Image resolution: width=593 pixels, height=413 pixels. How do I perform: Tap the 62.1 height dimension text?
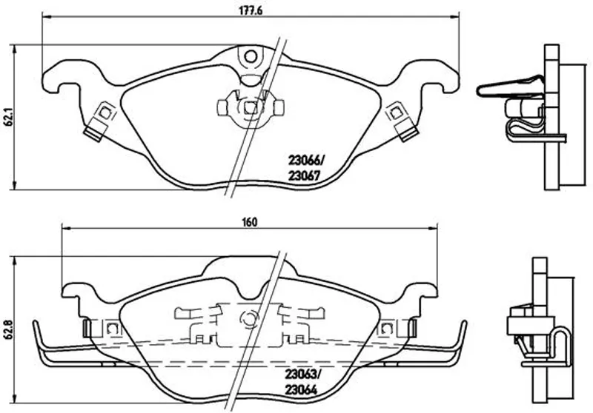[x=8, y=117]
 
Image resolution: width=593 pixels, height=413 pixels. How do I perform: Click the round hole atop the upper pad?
[x=251, y=56]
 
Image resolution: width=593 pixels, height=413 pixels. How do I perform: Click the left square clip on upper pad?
[x=105, y=113]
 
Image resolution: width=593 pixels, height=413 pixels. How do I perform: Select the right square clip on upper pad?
[x=397, y=113]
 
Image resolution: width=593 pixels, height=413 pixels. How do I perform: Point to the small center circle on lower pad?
[x=248, y=320]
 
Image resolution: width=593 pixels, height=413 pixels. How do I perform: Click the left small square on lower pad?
[x=112, y=328]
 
